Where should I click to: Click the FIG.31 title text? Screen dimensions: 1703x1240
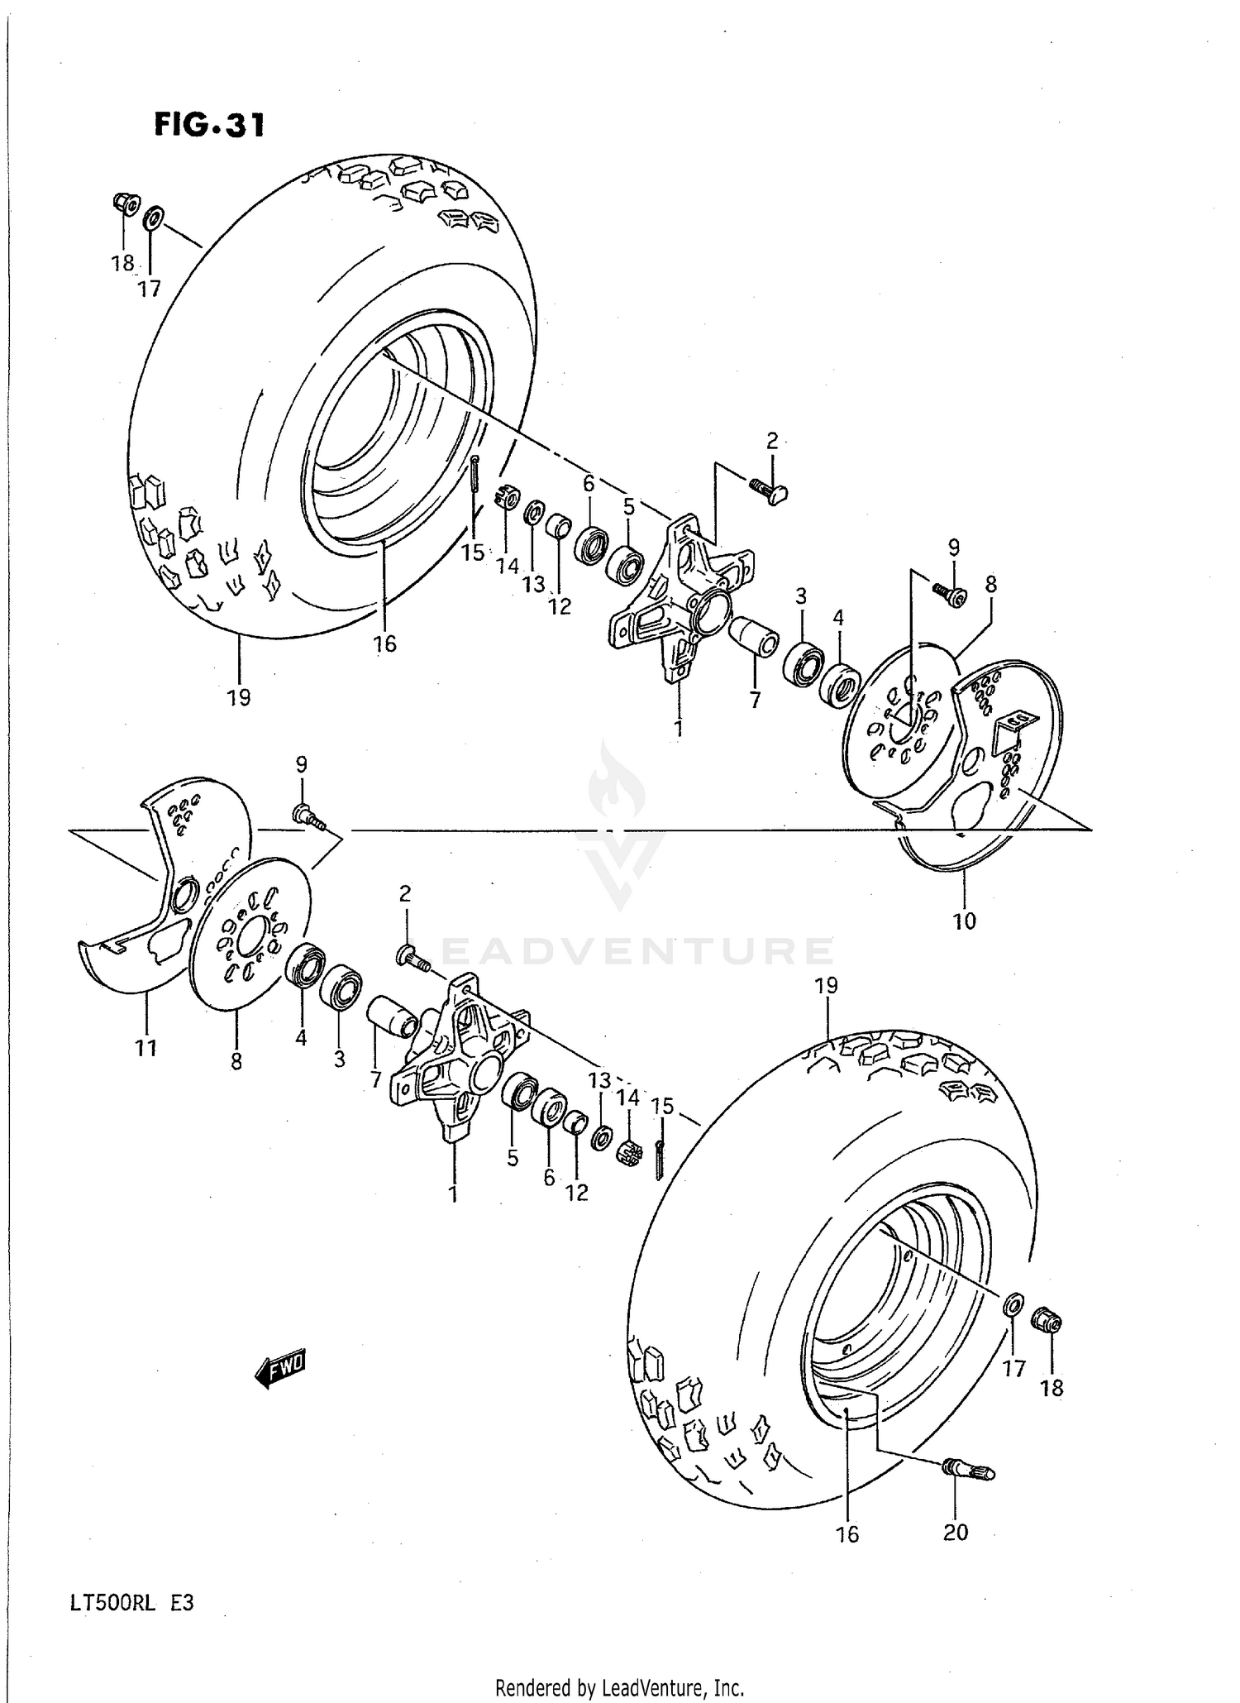[209, 125]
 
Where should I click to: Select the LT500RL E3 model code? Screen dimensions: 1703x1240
[132, 1603]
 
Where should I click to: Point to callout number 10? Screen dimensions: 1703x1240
[964, 921]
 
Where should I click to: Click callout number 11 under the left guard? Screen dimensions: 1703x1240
[145, 1049]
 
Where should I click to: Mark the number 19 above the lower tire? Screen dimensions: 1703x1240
[826, 985]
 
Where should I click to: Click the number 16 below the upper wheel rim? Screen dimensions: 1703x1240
[385, 644]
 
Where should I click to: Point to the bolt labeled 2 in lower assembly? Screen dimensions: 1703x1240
[410, 958]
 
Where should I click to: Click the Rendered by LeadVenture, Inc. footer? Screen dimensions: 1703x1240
[620, 1688]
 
